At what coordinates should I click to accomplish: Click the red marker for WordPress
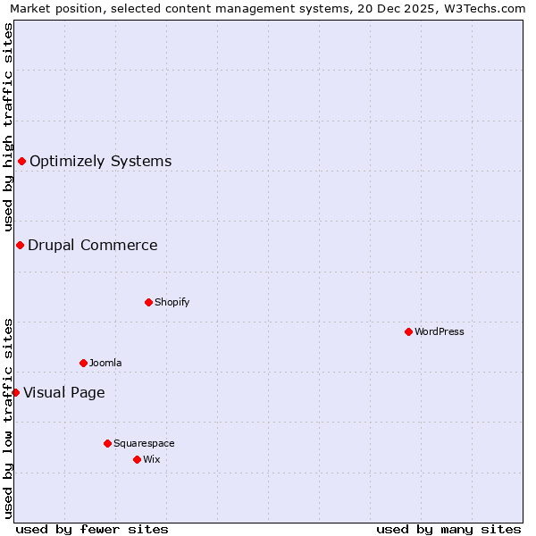tap(408, 331)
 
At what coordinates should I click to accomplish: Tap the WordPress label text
tap(439, 331)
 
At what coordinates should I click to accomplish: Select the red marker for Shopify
tap(148, 302)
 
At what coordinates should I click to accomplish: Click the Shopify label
tap(172, 302)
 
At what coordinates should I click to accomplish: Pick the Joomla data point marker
tap(83, 363)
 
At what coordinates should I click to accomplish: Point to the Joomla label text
tap(105, 363)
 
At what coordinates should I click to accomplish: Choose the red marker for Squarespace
tap(107, 443)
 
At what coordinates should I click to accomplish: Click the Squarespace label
tap(144, 443)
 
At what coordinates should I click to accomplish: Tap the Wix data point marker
tap(137, 459)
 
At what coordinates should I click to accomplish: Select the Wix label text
tap(151, 459)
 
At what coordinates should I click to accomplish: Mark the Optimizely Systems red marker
tap(21, 161)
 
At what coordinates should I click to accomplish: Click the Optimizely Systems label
tap(100, 162)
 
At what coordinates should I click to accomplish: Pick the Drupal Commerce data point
tap(20, 245)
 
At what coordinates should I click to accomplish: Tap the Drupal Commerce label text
tap(92, 246)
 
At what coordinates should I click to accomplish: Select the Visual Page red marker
tap(15, 392)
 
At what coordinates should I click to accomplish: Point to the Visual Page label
tap(63, 393)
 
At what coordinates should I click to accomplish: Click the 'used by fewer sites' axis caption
tap(92, 529)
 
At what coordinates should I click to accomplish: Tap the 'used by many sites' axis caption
tap(448, 529)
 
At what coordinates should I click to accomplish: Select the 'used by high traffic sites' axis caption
tap(8, 127)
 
